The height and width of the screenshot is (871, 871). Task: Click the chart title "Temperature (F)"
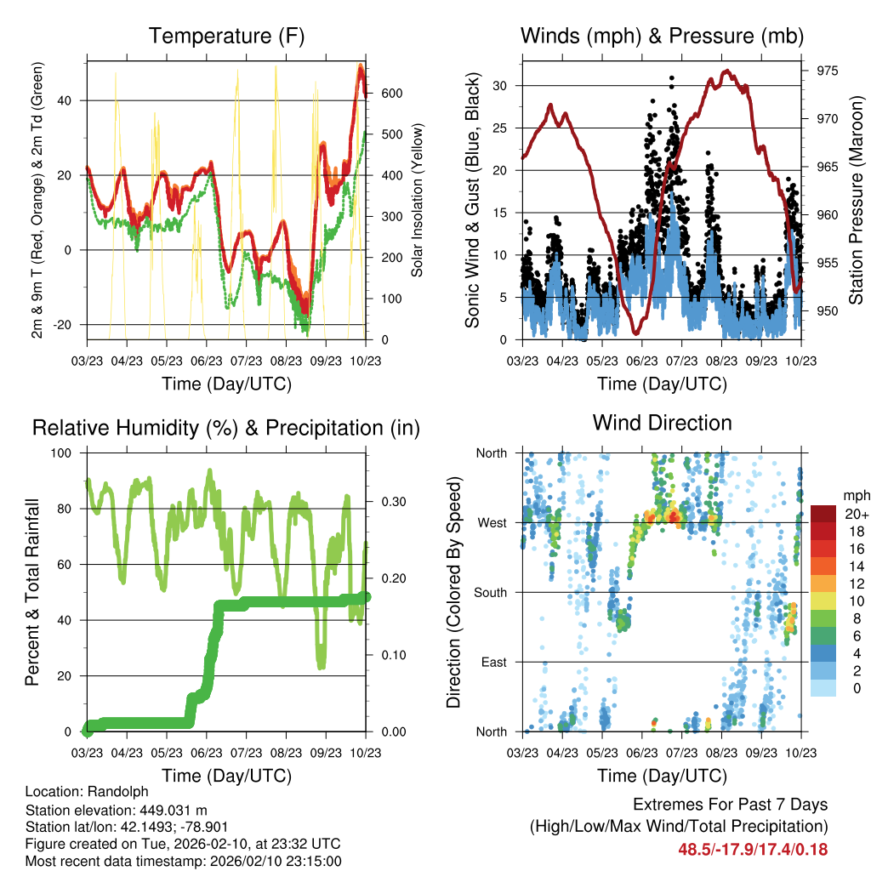tap(226, 37)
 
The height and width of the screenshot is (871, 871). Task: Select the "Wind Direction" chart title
tap(662, 423)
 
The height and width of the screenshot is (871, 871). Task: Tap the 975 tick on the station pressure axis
tap(826, 71)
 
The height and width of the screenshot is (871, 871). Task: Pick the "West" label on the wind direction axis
tap(491, 522)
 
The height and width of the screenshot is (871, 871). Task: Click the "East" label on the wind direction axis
tap(492, 662)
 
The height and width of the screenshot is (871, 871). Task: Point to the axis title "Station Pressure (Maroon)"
tap(857, 200)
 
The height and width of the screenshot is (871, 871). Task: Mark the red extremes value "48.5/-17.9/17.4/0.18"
tap(753, 849)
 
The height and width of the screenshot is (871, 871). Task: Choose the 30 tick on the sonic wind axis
tap(502, 85)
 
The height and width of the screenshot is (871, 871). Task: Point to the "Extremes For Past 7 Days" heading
tap(730, 805)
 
